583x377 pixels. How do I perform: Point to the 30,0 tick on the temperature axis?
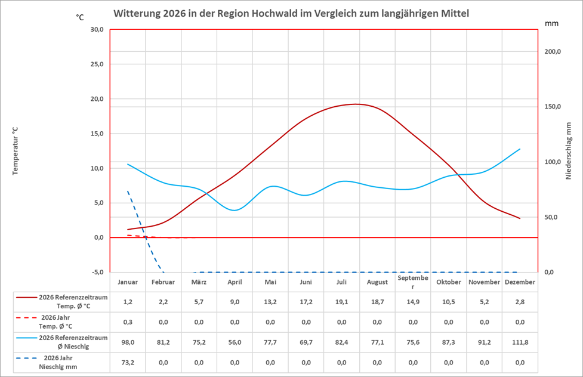pos(96,30)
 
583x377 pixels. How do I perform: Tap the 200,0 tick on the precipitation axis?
pos(553,52)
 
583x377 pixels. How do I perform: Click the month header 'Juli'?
pos(341,282)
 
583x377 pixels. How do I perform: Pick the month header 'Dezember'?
pos(520,282)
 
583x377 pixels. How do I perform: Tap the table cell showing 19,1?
pos(341,302)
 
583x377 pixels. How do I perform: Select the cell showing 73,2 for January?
pos(128,362)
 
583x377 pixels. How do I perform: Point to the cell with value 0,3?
pos(128,322)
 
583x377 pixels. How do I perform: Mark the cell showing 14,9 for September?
pos(413,302)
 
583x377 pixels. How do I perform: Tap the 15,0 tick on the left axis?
pos(96,134)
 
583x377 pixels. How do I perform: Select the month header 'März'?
pos(199,282)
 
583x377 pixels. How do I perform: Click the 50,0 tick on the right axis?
pos(553,218)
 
